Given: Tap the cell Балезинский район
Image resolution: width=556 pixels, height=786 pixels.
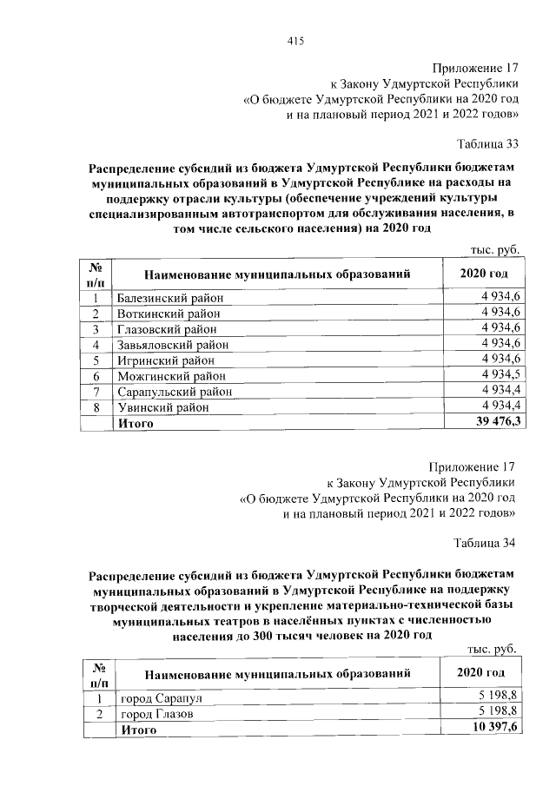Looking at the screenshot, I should coord(170,298).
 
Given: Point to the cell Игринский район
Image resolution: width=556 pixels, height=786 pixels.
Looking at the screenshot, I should coord(163,360).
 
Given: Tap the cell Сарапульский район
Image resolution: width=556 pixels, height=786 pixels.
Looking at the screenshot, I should coord(175,391).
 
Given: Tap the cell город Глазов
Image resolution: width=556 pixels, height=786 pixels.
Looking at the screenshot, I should coord(156,713).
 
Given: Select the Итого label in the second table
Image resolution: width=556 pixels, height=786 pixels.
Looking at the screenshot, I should coord(137,729).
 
